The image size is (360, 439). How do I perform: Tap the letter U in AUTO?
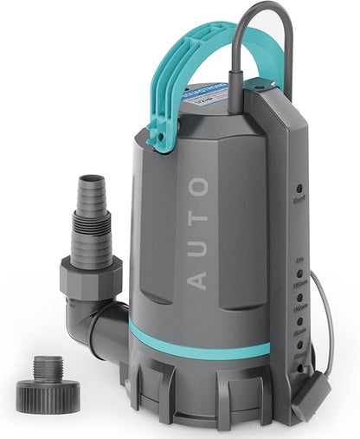pos(197,248)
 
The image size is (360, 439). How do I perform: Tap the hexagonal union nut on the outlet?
pos(90,279)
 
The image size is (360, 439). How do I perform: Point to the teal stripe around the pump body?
pos(199,341)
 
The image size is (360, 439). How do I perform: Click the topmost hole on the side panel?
pos(299,188)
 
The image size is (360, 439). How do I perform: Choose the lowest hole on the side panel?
pos(299,367)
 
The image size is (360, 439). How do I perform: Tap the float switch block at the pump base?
pos(310,395)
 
